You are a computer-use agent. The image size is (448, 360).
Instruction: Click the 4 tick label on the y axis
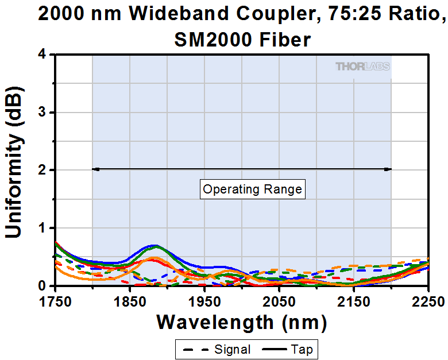click(x=43, y=55)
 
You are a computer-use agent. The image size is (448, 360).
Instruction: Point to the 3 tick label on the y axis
click(x=43, y=113)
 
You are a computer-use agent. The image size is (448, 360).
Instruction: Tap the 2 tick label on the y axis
click(x=43, y=171)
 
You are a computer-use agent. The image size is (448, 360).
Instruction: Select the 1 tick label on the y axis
click(x=43, y=228)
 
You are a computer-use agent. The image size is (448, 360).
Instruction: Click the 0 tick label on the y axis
click(x=43, y=285)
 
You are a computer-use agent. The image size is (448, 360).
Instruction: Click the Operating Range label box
click(x=253, y=189)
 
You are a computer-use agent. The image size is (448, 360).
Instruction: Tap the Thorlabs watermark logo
click(x=362, y=67)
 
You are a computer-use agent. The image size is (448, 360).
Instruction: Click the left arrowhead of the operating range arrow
click(x=95, y=169)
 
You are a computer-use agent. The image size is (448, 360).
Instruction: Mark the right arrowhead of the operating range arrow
click(x=388, y=169)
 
